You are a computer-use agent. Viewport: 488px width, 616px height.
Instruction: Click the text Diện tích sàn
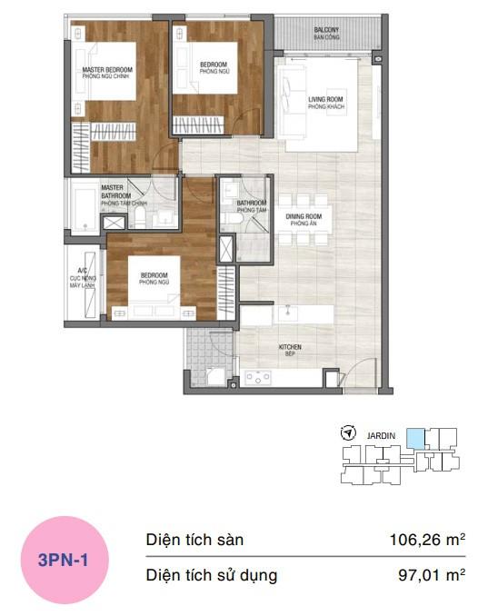194,540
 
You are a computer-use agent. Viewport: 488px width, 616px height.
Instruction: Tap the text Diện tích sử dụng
212,574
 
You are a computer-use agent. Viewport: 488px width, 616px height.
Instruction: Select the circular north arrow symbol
347,434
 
